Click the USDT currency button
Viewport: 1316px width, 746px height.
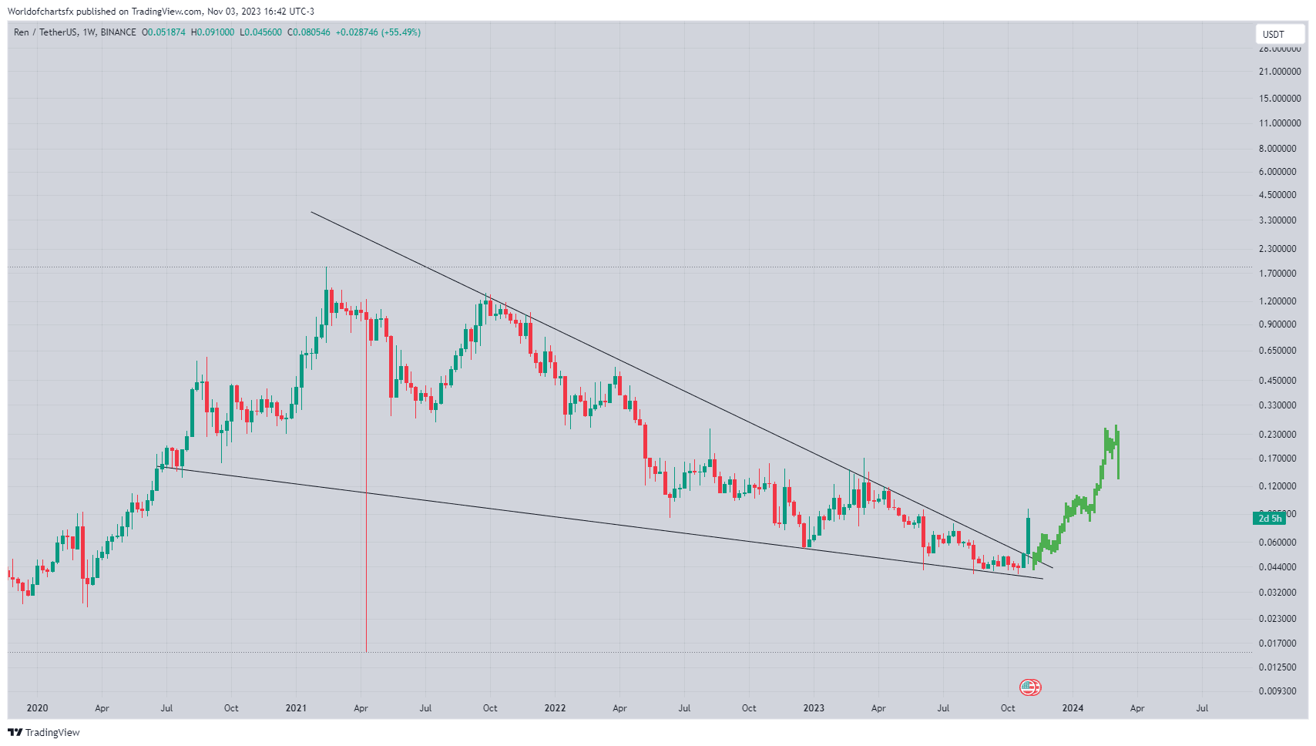point(1273,34)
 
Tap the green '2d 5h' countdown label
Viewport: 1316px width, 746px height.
point(1270,519)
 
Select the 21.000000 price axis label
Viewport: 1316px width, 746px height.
point(1279,72)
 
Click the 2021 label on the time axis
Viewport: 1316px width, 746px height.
point(296,708)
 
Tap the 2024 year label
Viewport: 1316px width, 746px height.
point(1073,708)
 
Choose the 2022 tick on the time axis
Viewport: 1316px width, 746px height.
point(555,708)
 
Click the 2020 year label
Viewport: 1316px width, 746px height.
point(37,708)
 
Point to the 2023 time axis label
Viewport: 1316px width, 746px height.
point(814,708)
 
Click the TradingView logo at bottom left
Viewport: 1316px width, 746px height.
point(44,732)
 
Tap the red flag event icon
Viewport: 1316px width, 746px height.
point(1030,687)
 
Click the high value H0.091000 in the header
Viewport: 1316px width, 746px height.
point(213,32)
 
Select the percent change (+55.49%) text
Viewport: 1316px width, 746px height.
point(401,32)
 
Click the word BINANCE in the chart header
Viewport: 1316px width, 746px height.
point(118,32)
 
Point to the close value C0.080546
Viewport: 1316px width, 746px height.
point(309,32)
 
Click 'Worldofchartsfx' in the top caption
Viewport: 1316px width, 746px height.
point(40,12)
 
